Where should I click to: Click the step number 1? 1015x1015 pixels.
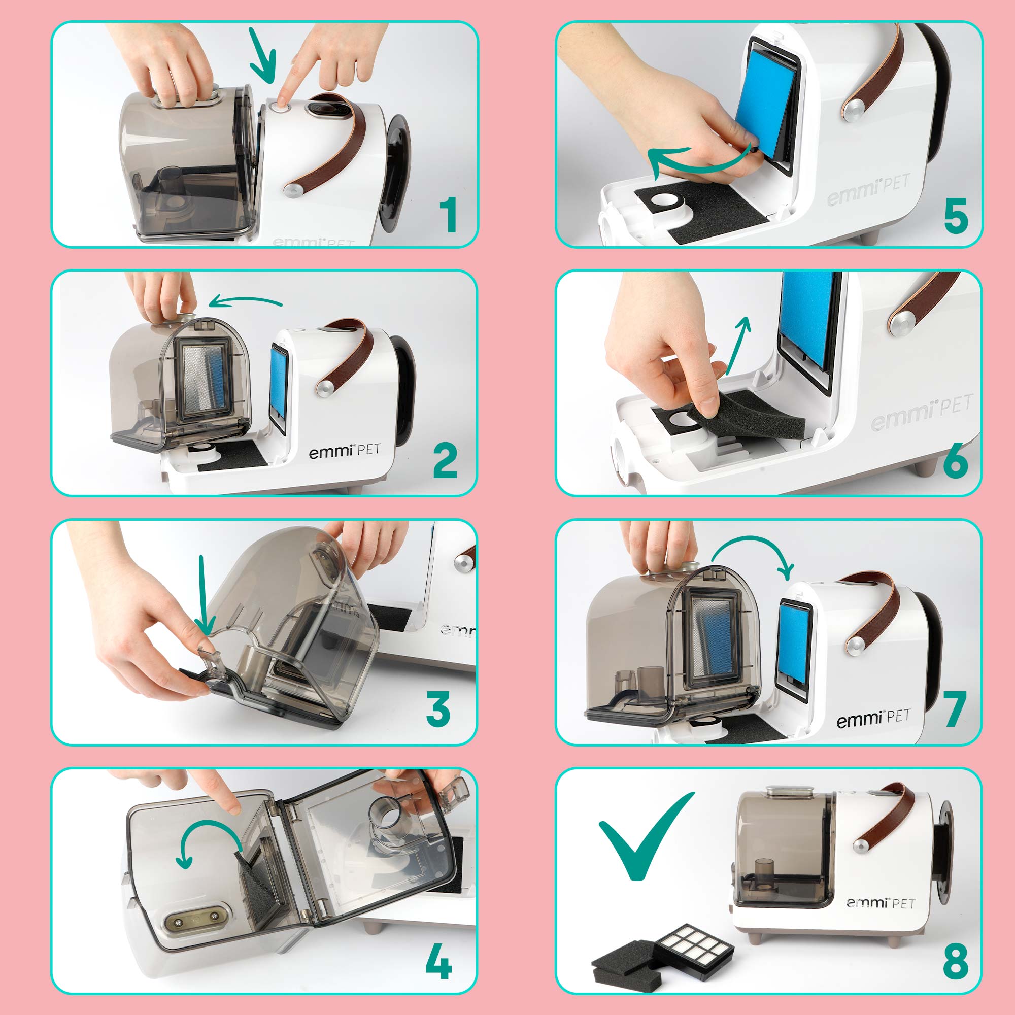tap(448, 215)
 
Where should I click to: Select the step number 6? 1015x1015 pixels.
tap(955, 460)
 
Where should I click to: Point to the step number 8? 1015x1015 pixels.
tap(956, 961)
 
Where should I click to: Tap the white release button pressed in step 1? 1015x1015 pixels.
tap(279, 106)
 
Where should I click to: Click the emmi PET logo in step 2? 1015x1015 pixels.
tap(344, 451)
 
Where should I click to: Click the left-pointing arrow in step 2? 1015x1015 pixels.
tap(245, 301)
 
